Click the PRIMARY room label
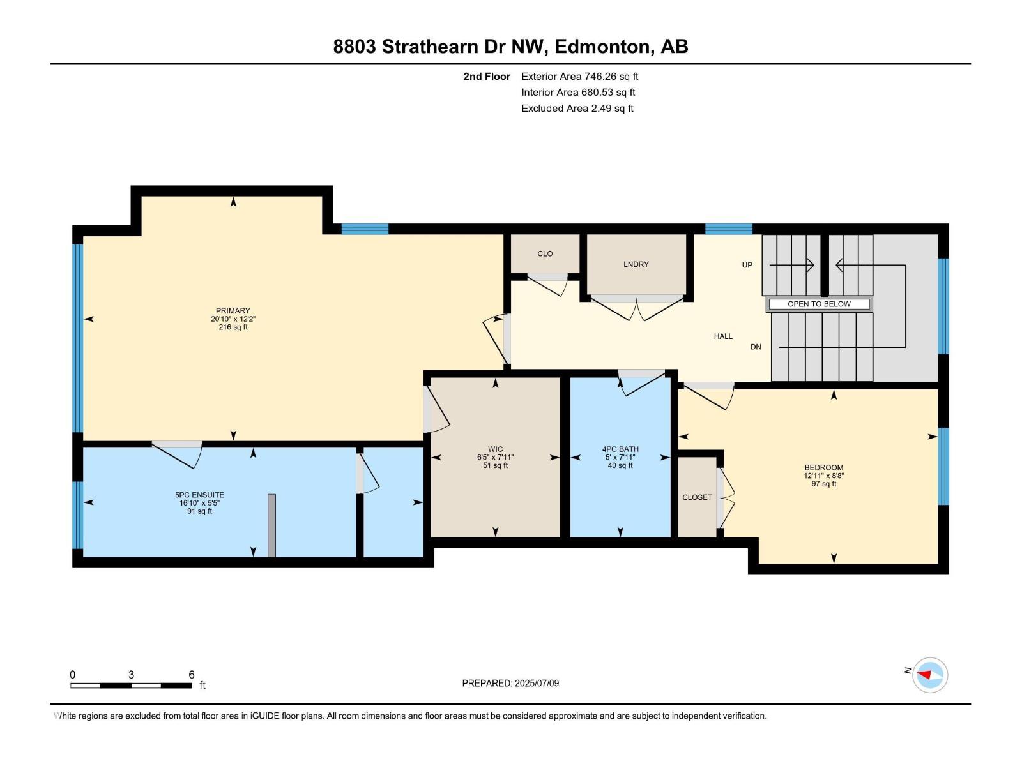pyautogui.click(x=233, y=311)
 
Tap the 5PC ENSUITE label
pyautogui.click(x=199, y=495)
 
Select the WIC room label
pyautogui.click(x=495, y=449)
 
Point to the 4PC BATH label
pyautogui.click(x=620, y=449)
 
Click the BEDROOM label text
pyautogui.click(x=823, y=467)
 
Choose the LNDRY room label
pyautogui.click(x=636, y=264)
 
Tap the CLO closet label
pyautogui.click(x=545, y=253)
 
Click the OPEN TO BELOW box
pyautogui.click(x=819, y=304)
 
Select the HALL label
pyautogui.click(x=723, y=336)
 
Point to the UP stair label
pyautogui.click(x=747, y=265)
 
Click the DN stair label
pyautogui.click(x=756, y=347)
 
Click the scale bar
pyautogui.click(x=131, y=686)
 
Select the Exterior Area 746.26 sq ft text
pyautogui.click(x=579, y=77)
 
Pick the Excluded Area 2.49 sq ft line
pyautogui.click(x=577, y=109)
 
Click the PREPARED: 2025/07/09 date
pyautogui.click(x=510, y=683)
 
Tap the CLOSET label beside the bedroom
pyautogui.click(x=696, y=497)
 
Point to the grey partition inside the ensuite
pyautogui.click(x=271, y=525)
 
